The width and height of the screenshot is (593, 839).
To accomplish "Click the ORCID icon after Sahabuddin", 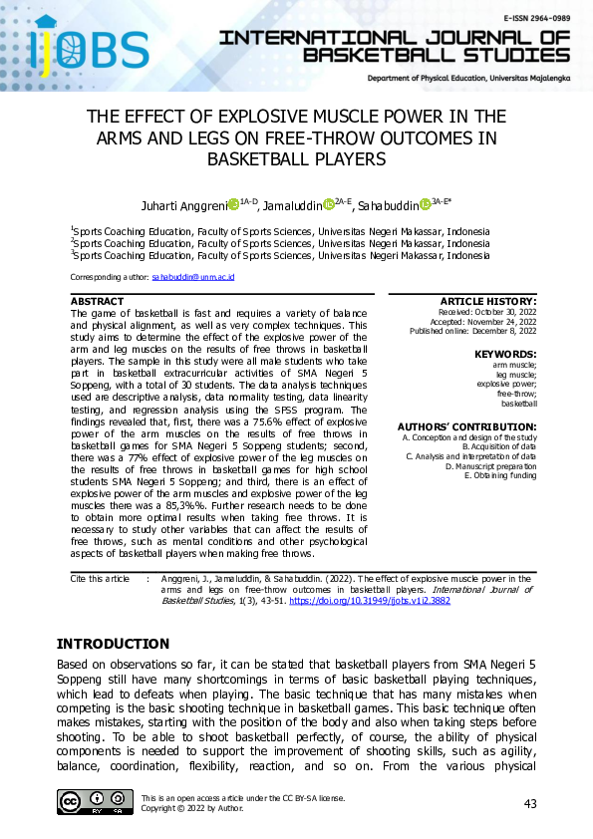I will [425, 204].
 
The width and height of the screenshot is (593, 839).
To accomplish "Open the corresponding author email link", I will [192, 276].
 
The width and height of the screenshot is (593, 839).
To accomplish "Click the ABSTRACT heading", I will [98, 301].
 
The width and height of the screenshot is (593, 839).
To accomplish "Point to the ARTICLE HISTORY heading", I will [487, 301].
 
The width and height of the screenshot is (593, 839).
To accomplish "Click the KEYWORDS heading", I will [505, 355].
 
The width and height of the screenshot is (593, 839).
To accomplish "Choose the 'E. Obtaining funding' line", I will [500, 475].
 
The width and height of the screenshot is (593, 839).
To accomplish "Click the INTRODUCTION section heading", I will [113, 644].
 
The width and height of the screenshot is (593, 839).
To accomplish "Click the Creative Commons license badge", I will [95, 802].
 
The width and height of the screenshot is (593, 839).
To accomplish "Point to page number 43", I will [531, 803].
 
